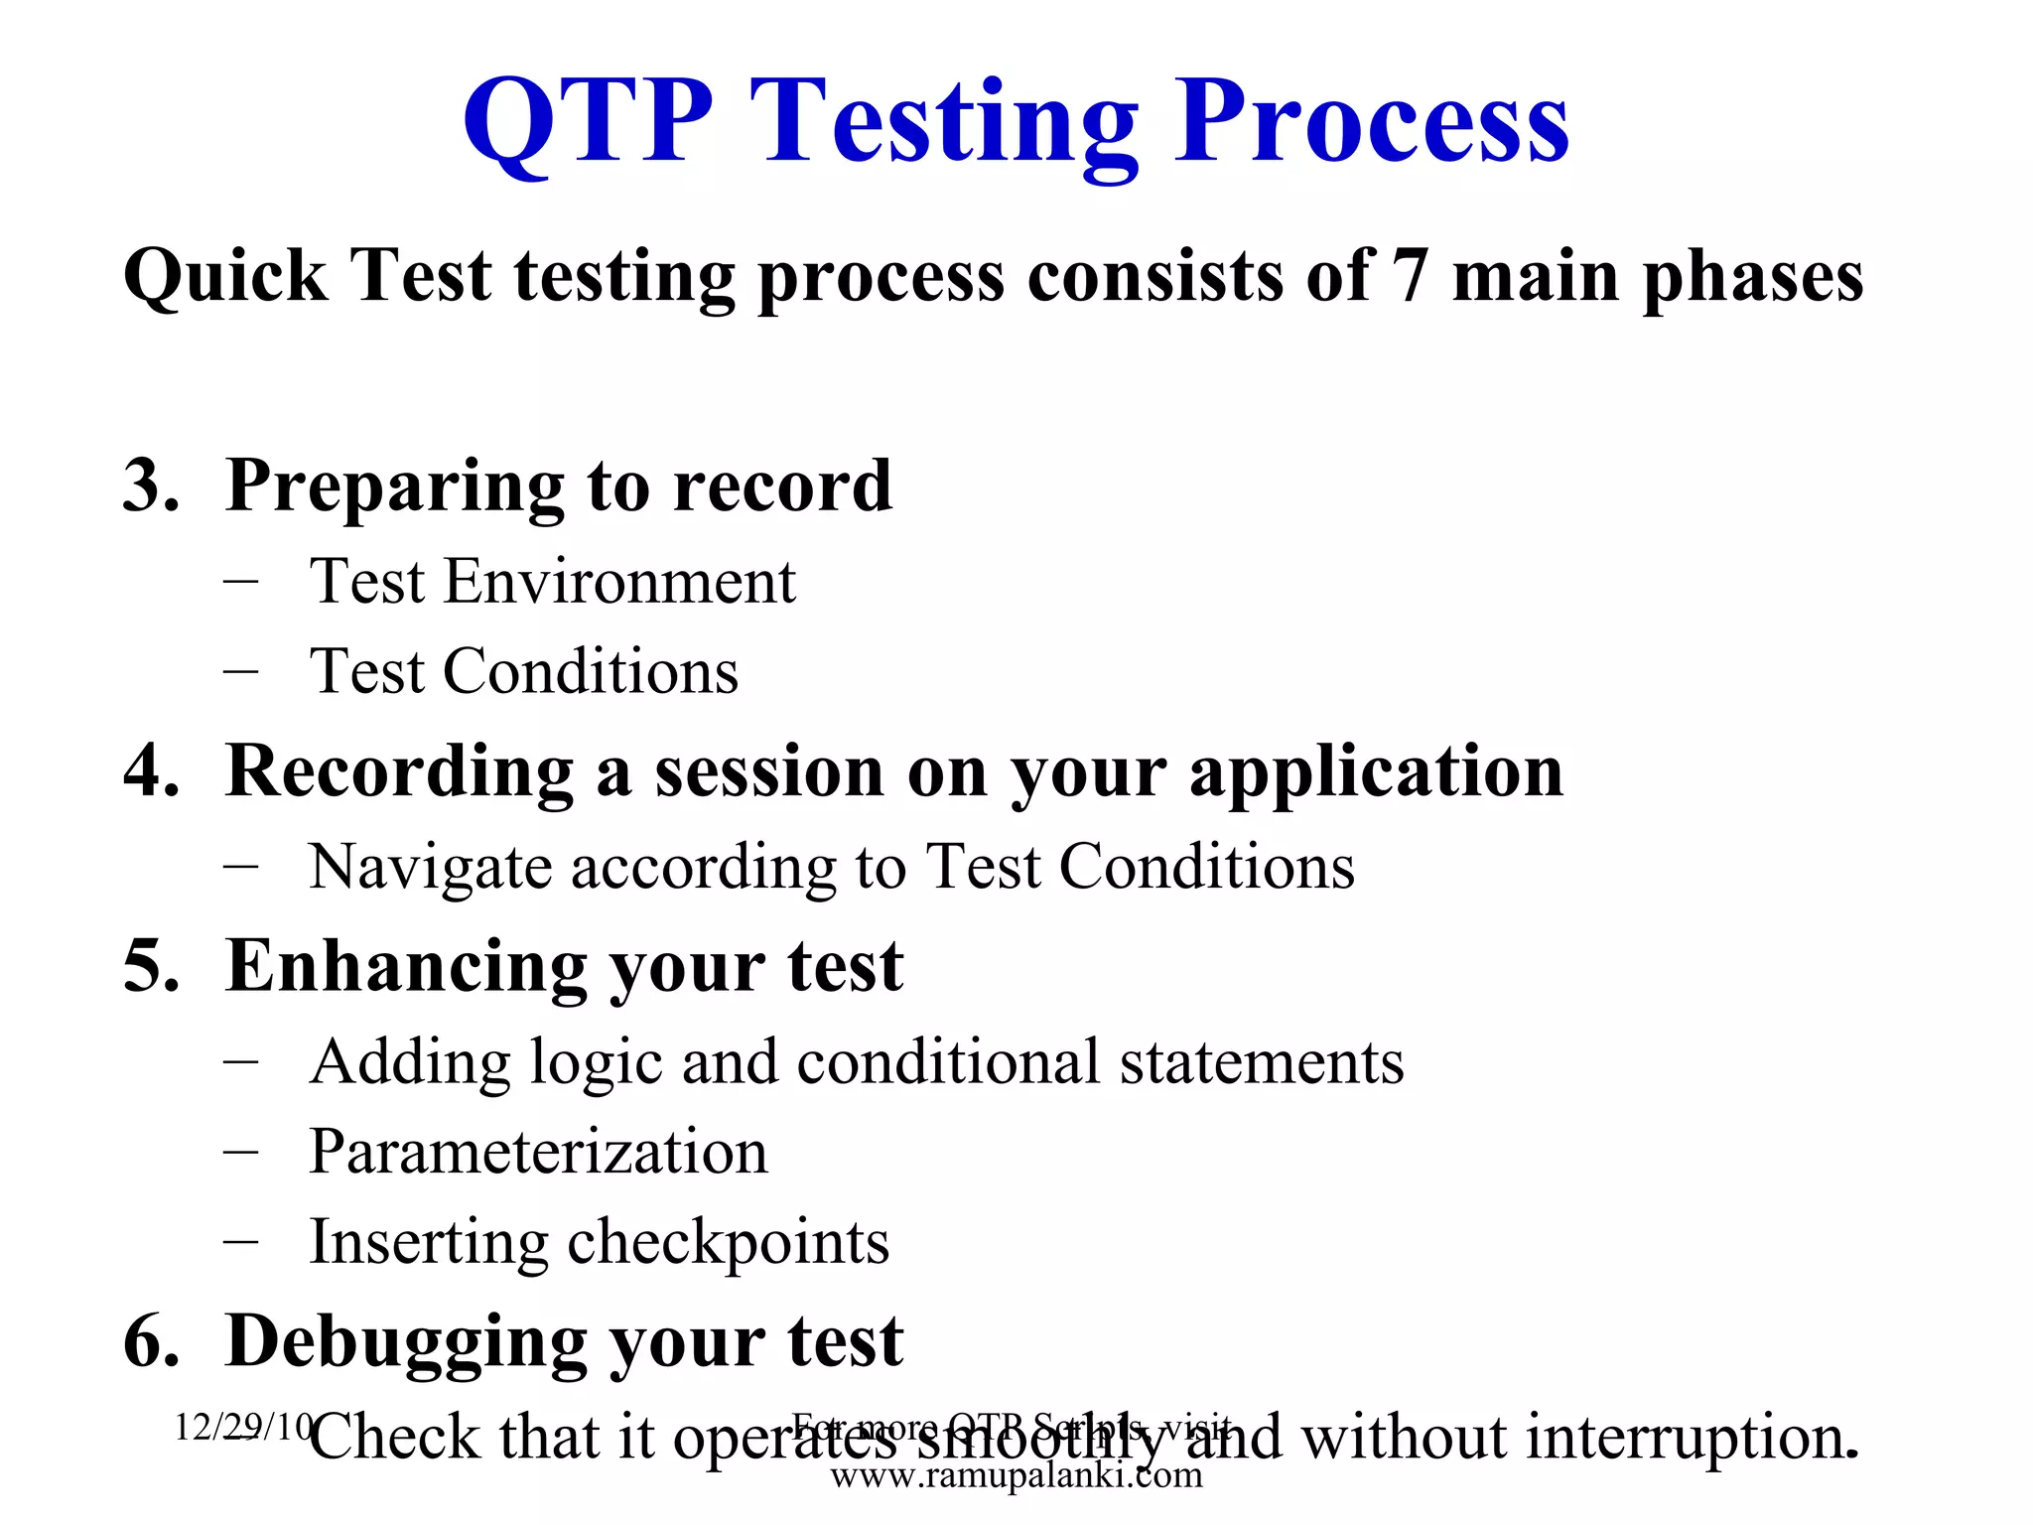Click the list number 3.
coord(151,485)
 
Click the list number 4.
coord(151,770)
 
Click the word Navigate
coord(430,868)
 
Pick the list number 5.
coord(151,966)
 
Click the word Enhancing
coord(406,966)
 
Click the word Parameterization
coord(538,1152)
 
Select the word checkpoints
coord(728,1243)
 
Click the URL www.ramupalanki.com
coord(1016,1476)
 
